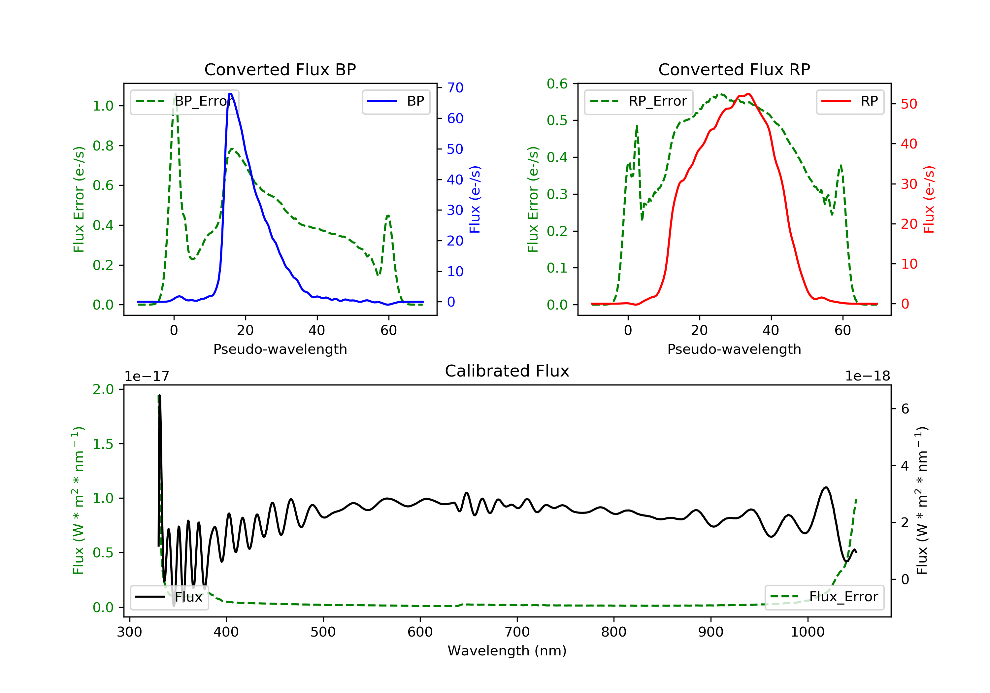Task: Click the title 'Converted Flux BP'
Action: coord(280,69)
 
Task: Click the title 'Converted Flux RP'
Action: coord(734,69)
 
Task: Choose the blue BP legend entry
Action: coord(396,101)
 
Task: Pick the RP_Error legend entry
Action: coord(639,101)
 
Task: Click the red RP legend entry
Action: coord(850,101)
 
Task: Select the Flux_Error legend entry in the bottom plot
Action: coord(824,597)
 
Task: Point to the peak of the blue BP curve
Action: coord(231,94)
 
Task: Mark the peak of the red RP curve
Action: coord(748,94)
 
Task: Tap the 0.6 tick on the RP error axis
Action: coord(557,84)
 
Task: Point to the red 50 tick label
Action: coord(909,104)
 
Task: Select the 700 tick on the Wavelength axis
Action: coord(517,632)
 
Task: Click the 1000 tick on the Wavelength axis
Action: coord(807,632)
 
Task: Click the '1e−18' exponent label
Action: coord(868,376)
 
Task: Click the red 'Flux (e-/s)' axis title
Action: coord(928,199)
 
